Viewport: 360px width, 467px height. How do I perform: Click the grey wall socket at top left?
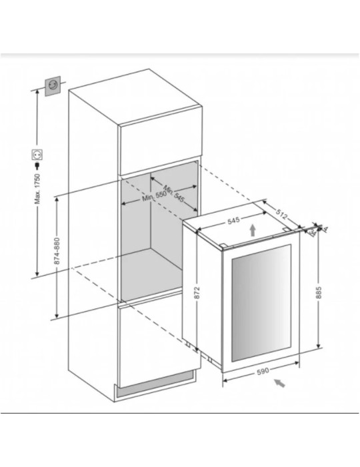[53, 86]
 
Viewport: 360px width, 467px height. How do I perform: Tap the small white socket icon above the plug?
[37, 155]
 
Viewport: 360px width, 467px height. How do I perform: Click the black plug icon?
[37, 165]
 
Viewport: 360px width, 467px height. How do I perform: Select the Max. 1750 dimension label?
[37, 189]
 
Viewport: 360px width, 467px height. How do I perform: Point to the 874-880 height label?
[57, 251]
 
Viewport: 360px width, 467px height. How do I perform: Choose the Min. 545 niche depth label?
[174, 193]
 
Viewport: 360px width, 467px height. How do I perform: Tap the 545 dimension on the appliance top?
[233, 221]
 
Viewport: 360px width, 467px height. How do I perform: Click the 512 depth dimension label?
[281, 213]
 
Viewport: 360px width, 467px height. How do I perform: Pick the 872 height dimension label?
[197, 292]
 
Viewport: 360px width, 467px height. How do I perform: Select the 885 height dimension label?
[319, 292]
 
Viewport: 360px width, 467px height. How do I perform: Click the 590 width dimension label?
[263, 370]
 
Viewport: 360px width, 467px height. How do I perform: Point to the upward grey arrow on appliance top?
[253, 230]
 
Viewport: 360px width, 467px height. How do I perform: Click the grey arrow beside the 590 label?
[279, 383]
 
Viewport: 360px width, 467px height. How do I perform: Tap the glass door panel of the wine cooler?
[261, 303]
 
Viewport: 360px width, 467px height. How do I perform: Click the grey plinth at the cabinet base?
[155, 385]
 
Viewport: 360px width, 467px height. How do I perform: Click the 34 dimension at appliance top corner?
[313, 233]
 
